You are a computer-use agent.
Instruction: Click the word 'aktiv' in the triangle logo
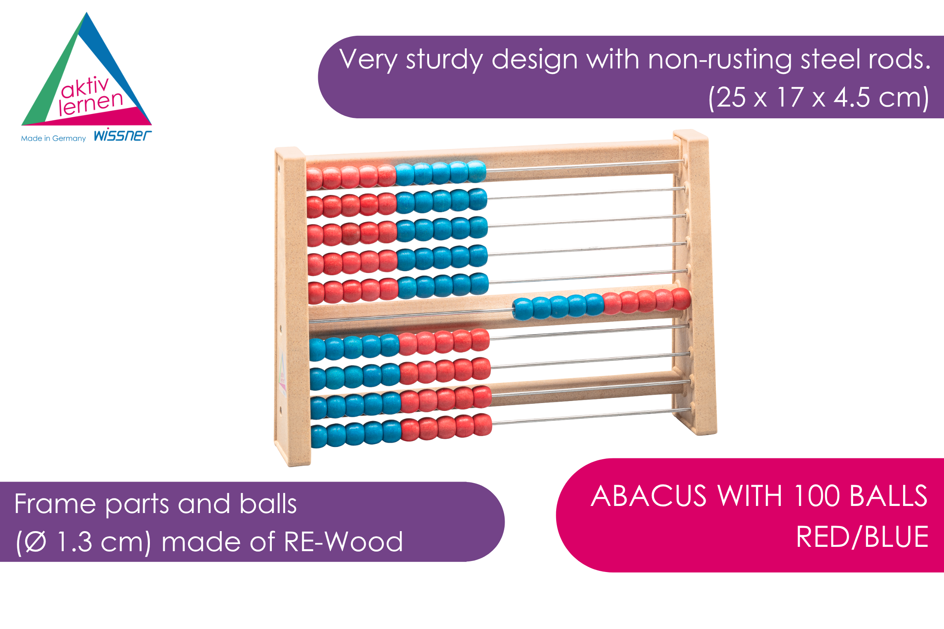85,87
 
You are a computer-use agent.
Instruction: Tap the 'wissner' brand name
123,136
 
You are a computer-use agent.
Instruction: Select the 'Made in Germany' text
53,138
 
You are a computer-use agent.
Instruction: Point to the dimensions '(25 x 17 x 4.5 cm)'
819,97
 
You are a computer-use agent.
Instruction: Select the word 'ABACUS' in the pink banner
649,496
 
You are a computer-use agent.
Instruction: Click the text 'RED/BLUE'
863,537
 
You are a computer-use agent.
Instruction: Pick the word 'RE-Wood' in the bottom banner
343,542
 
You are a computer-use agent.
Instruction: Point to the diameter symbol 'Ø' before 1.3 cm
35,542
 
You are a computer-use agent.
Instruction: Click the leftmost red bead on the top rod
314,178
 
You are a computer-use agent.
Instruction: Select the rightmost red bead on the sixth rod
681,299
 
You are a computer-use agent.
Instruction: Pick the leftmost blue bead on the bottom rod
319,437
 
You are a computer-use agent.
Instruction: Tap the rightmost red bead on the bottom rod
482,425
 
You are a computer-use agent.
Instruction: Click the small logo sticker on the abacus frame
282,375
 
